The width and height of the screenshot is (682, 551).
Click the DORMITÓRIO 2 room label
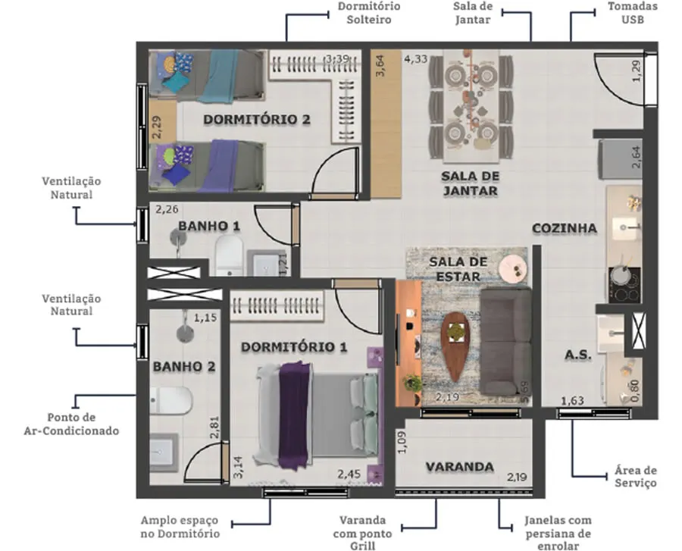click(257, 120)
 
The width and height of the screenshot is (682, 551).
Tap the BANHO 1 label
click(209, 226)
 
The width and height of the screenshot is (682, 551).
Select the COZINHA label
click(564, 228)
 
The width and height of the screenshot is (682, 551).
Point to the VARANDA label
click(460, 467)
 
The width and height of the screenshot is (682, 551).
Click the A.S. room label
click(578, 355)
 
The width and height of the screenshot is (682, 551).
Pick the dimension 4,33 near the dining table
click(416, 58)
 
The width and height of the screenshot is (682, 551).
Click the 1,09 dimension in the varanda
click(402, 442)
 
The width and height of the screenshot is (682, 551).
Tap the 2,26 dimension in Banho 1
click(167, 210)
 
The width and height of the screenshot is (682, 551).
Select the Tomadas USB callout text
click(633, 13)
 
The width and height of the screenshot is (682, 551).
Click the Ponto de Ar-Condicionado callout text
click(71, 424)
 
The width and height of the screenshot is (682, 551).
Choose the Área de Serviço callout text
click(636, 477)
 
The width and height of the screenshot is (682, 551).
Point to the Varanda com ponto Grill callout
click(362, 533)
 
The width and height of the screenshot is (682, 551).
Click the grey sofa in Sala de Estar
click(506, 341)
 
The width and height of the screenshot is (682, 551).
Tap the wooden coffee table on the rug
click(455, 346)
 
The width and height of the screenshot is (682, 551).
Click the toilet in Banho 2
click(171, 400)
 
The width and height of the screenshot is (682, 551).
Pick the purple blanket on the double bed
click(295, 415)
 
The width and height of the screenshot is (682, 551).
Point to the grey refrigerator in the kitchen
click(620, 158)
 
